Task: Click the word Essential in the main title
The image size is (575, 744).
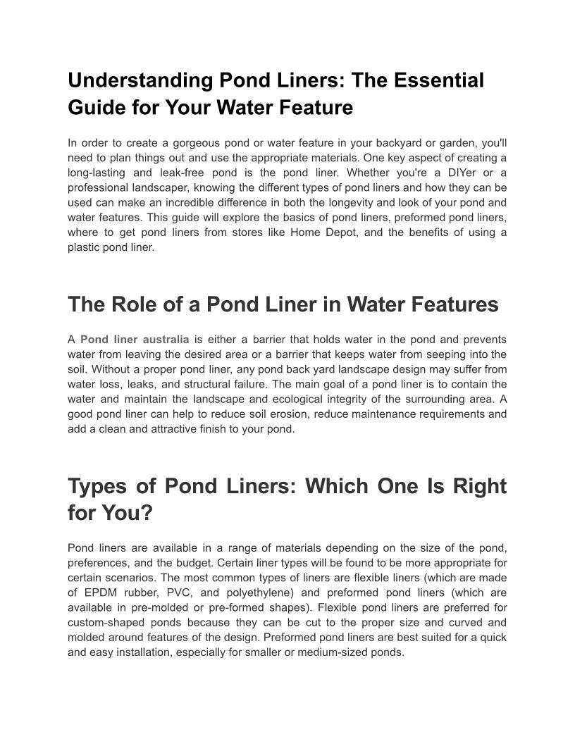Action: point(434,80)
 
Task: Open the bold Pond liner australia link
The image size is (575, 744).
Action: point(135,340)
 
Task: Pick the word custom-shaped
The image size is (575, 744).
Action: point(104,622)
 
